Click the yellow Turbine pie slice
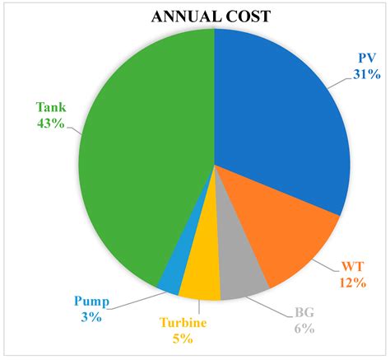200,280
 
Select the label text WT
351,266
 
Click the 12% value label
351,282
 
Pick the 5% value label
183,338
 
